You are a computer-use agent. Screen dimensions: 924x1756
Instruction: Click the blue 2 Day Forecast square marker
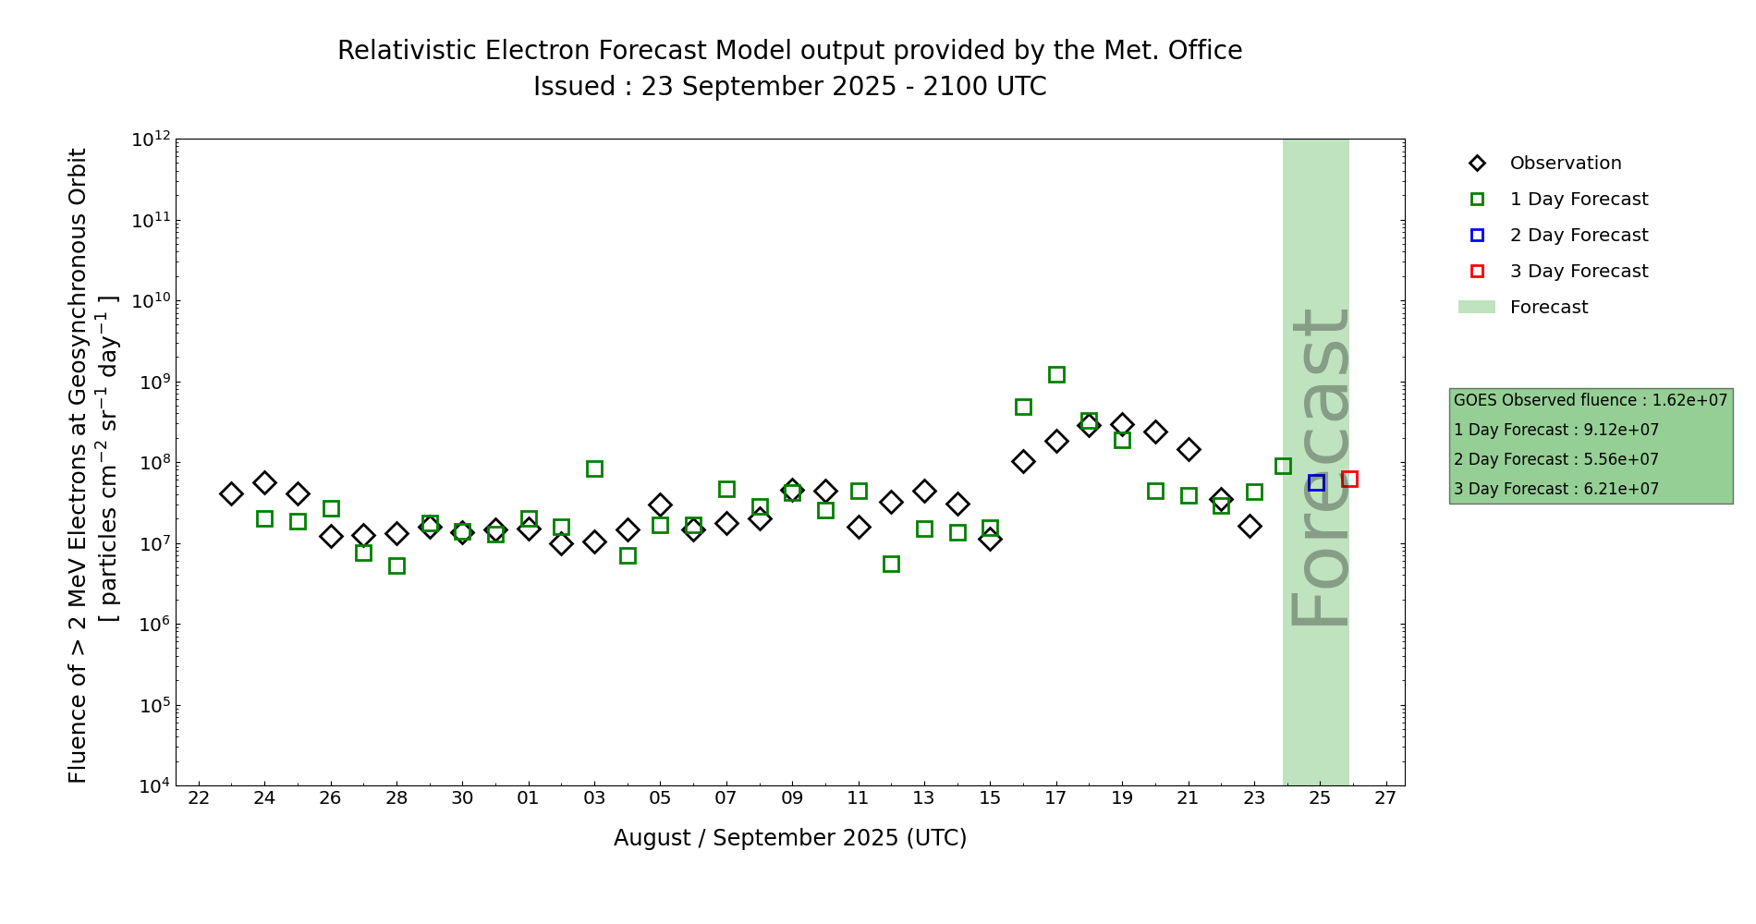(x=1316, y=482)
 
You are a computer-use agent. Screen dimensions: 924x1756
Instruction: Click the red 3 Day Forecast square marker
(x=1349, y=479)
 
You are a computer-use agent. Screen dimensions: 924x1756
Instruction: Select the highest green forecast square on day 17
(x=1056, y=374)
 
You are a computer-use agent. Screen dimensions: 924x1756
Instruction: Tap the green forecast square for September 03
(x=594, y=468)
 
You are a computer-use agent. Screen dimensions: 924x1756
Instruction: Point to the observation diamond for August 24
(x=264, y=482)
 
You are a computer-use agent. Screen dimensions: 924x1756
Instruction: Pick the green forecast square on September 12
(x=891, y=564)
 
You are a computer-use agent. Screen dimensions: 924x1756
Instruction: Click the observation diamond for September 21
(x=1189, y=449)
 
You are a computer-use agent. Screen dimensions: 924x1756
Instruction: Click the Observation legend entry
(x=1565, y=164)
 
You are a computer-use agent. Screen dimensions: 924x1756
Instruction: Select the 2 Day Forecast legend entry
(x=1578, y=236)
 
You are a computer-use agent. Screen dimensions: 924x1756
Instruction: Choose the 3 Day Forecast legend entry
(x=1578, y=272)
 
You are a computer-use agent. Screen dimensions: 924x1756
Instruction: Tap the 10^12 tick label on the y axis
(x=151, y=140)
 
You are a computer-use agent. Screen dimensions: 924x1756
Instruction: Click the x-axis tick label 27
(x=1385, y=798)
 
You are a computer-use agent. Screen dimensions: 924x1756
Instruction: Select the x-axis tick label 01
(x=528, y=798)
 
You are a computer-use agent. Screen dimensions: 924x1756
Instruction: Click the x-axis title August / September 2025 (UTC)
(x=790, y=838)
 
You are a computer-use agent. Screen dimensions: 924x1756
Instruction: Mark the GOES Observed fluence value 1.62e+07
(x=1689, y=400)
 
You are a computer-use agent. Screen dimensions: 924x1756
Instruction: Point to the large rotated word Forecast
(x=1320, y=467)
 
